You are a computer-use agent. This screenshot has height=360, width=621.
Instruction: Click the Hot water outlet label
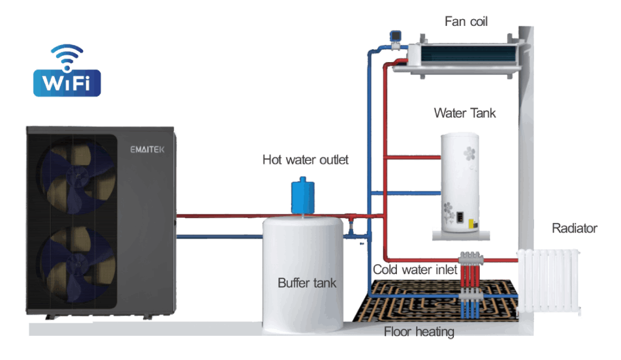coord(305,160)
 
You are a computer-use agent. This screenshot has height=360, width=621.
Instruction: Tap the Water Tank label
coord(465,113)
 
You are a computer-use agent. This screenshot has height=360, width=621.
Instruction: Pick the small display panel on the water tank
coord(462,217)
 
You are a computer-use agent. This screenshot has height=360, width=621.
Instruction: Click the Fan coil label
coord(466,21)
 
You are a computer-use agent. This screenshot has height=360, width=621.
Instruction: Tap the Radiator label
coord(574,229)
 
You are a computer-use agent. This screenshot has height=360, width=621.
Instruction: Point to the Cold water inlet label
coord(415,270)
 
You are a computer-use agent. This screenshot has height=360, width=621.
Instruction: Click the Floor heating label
coord(419,332)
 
